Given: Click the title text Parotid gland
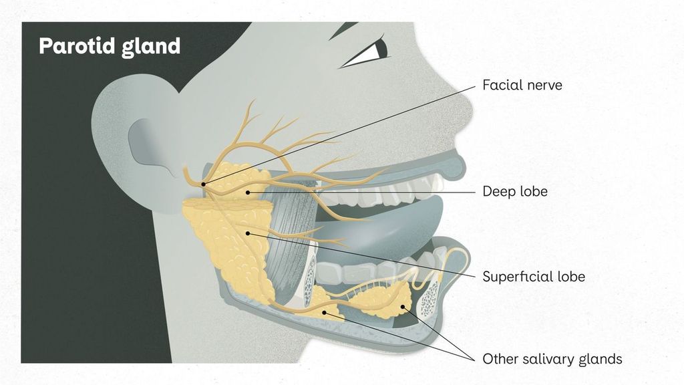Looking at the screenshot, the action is click(x=110, y=47).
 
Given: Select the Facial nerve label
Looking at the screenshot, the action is click(x=522, y=85).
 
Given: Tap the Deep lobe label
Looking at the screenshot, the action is click(x=515, y=191).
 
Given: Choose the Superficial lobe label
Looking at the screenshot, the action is click(x=534, y=276).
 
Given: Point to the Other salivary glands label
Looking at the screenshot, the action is click(x=552, y=359).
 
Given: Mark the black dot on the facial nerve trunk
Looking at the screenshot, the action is click(x=203, y=184).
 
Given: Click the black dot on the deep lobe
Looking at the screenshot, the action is click(x=248, y=192).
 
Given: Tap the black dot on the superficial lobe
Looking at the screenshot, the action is click(x=248, y=233).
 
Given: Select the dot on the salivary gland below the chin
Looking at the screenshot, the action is click(x=324, y=313).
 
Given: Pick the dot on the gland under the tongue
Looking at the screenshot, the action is click(x=403, y=307).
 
